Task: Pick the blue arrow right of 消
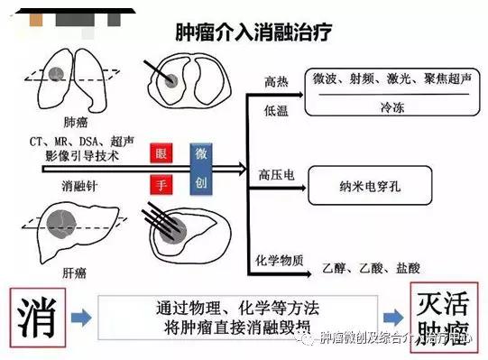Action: pyautogui.click(x=80, y=318)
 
